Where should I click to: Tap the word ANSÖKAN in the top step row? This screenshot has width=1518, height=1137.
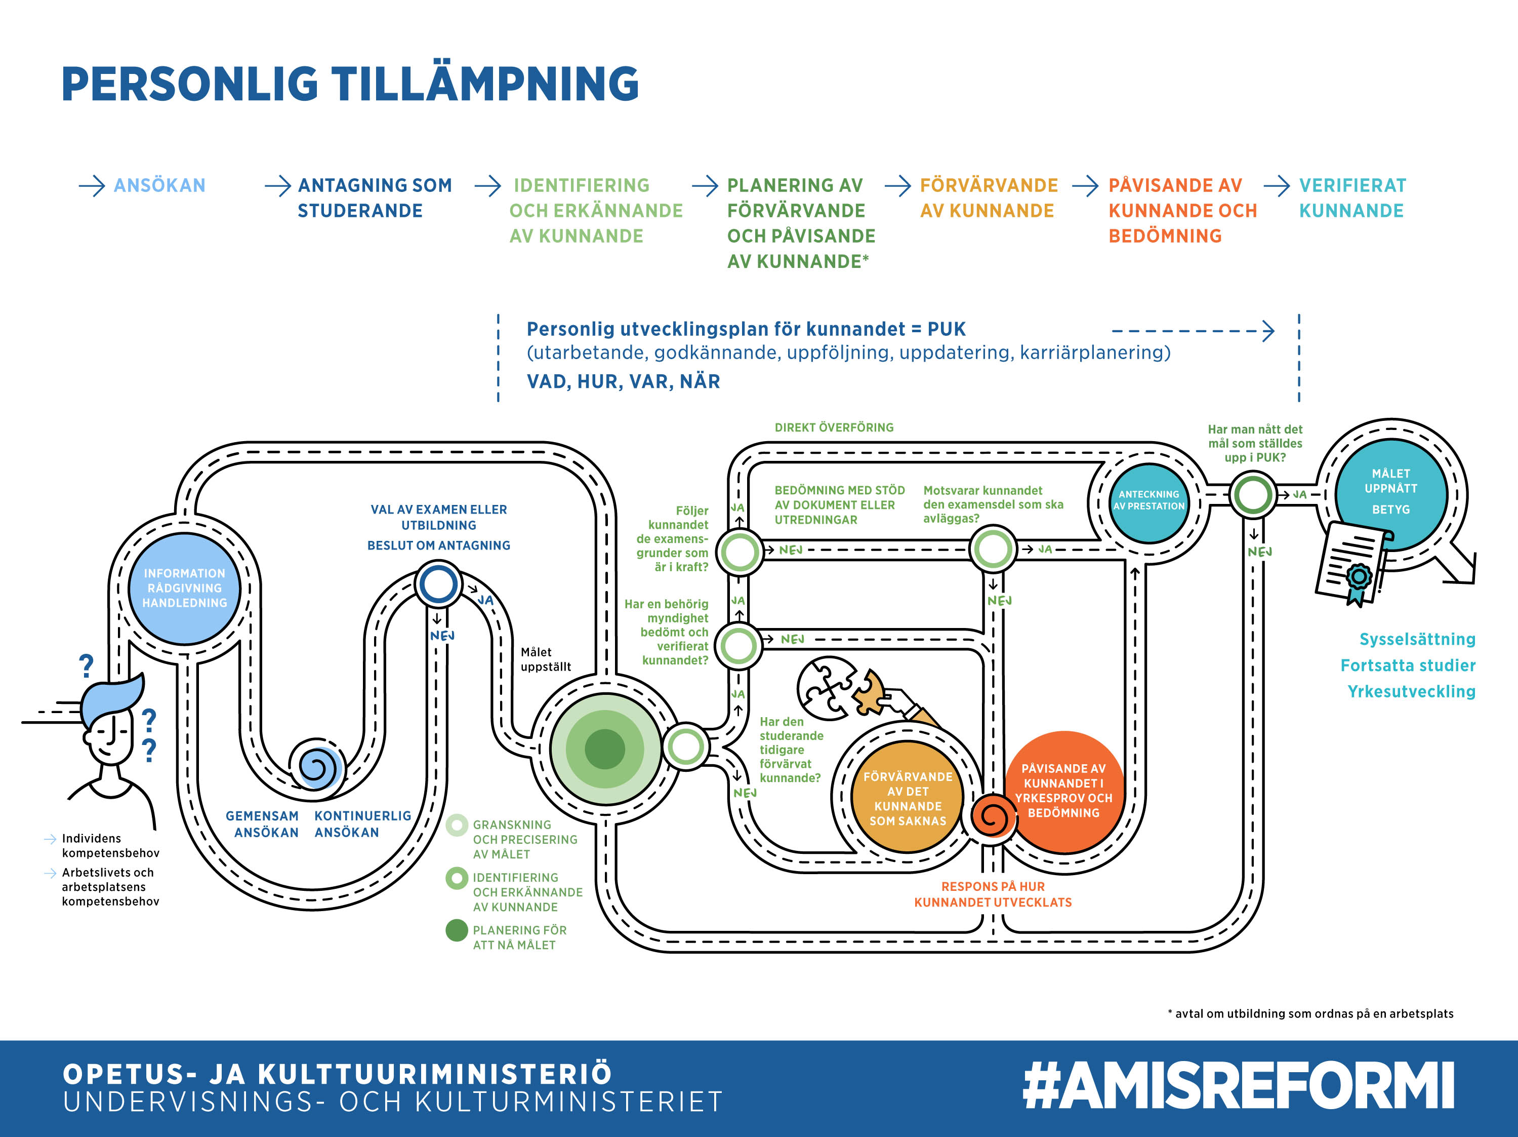[x=159, y=185]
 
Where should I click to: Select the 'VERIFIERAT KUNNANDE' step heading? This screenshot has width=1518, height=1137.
[x=1351, y=198]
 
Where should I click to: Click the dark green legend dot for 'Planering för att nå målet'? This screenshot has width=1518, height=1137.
[x=457, y=930]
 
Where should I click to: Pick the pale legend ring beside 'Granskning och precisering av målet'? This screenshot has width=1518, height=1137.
[x=457, y=825]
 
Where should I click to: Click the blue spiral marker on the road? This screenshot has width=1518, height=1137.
[x=316, y=765]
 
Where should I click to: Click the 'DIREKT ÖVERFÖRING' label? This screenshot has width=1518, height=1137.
[x=834, y=427]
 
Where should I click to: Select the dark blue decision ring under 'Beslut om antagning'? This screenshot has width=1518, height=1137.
[x=438, y=583]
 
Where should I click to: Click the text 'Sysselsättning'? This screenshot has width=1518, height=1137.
[x=1417, y=639]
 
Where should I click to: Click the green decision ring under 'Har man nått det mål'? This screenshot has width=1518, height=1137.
[x=1253, y=494]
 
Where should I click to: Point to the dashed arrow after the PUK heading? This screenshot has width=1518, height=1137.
[x=1193, y=331]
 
